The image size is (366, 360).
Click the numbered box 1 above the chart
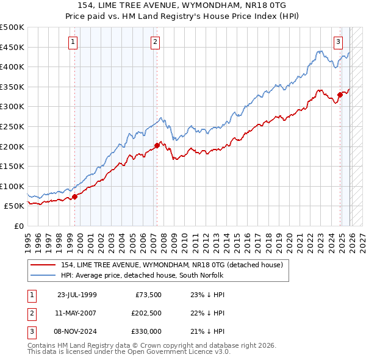(73, 42)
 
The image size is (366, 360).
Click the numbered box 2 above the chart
(156, 42)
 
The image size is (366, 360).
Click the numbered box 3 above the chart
(338, 42)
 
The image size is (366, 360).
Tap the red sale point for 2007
(157, 145)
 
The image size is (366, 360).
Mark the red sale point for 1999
(75, 196)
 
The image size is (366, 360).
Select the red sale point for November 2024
(340, 95)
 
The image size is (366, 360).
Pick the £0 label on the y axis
(18, 226)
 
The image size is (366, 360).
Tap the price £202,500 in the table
(145, 313)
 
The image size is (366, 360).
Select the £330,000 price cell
(145, 332)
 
